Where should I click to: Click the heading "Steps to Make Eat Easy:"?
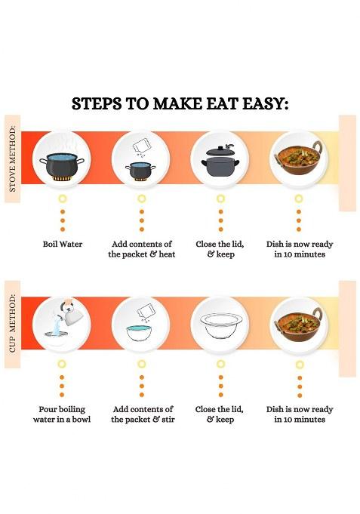180,103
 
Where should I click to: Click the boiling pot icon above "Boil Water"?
62,159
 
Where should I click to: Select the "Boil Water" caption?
62,245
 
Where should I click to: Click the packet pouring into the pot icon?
141,159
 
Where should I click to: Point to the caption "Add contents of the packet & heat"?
141,249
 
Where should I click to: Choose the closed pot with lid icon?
220,159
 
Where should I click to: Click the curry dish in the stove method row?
299,159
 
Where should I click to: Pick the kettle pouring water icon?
62,325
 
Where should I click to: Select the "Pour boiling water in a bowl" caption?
62,414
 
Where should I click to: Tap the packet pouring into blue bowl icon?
141,325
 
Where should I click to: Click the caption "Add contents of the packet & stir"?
142,414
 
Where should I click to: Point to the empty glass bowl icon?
220,325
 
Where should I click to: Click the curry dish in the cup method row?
299,325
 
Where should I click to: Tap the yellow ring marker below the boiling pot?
62,199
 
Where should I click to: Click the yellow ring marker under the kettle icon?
62,364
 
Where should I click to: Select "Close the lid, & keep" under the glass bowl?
220,414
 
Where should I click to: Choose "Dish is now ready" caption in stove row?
299,249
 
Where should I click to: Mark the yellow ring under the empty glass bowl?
220,364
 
